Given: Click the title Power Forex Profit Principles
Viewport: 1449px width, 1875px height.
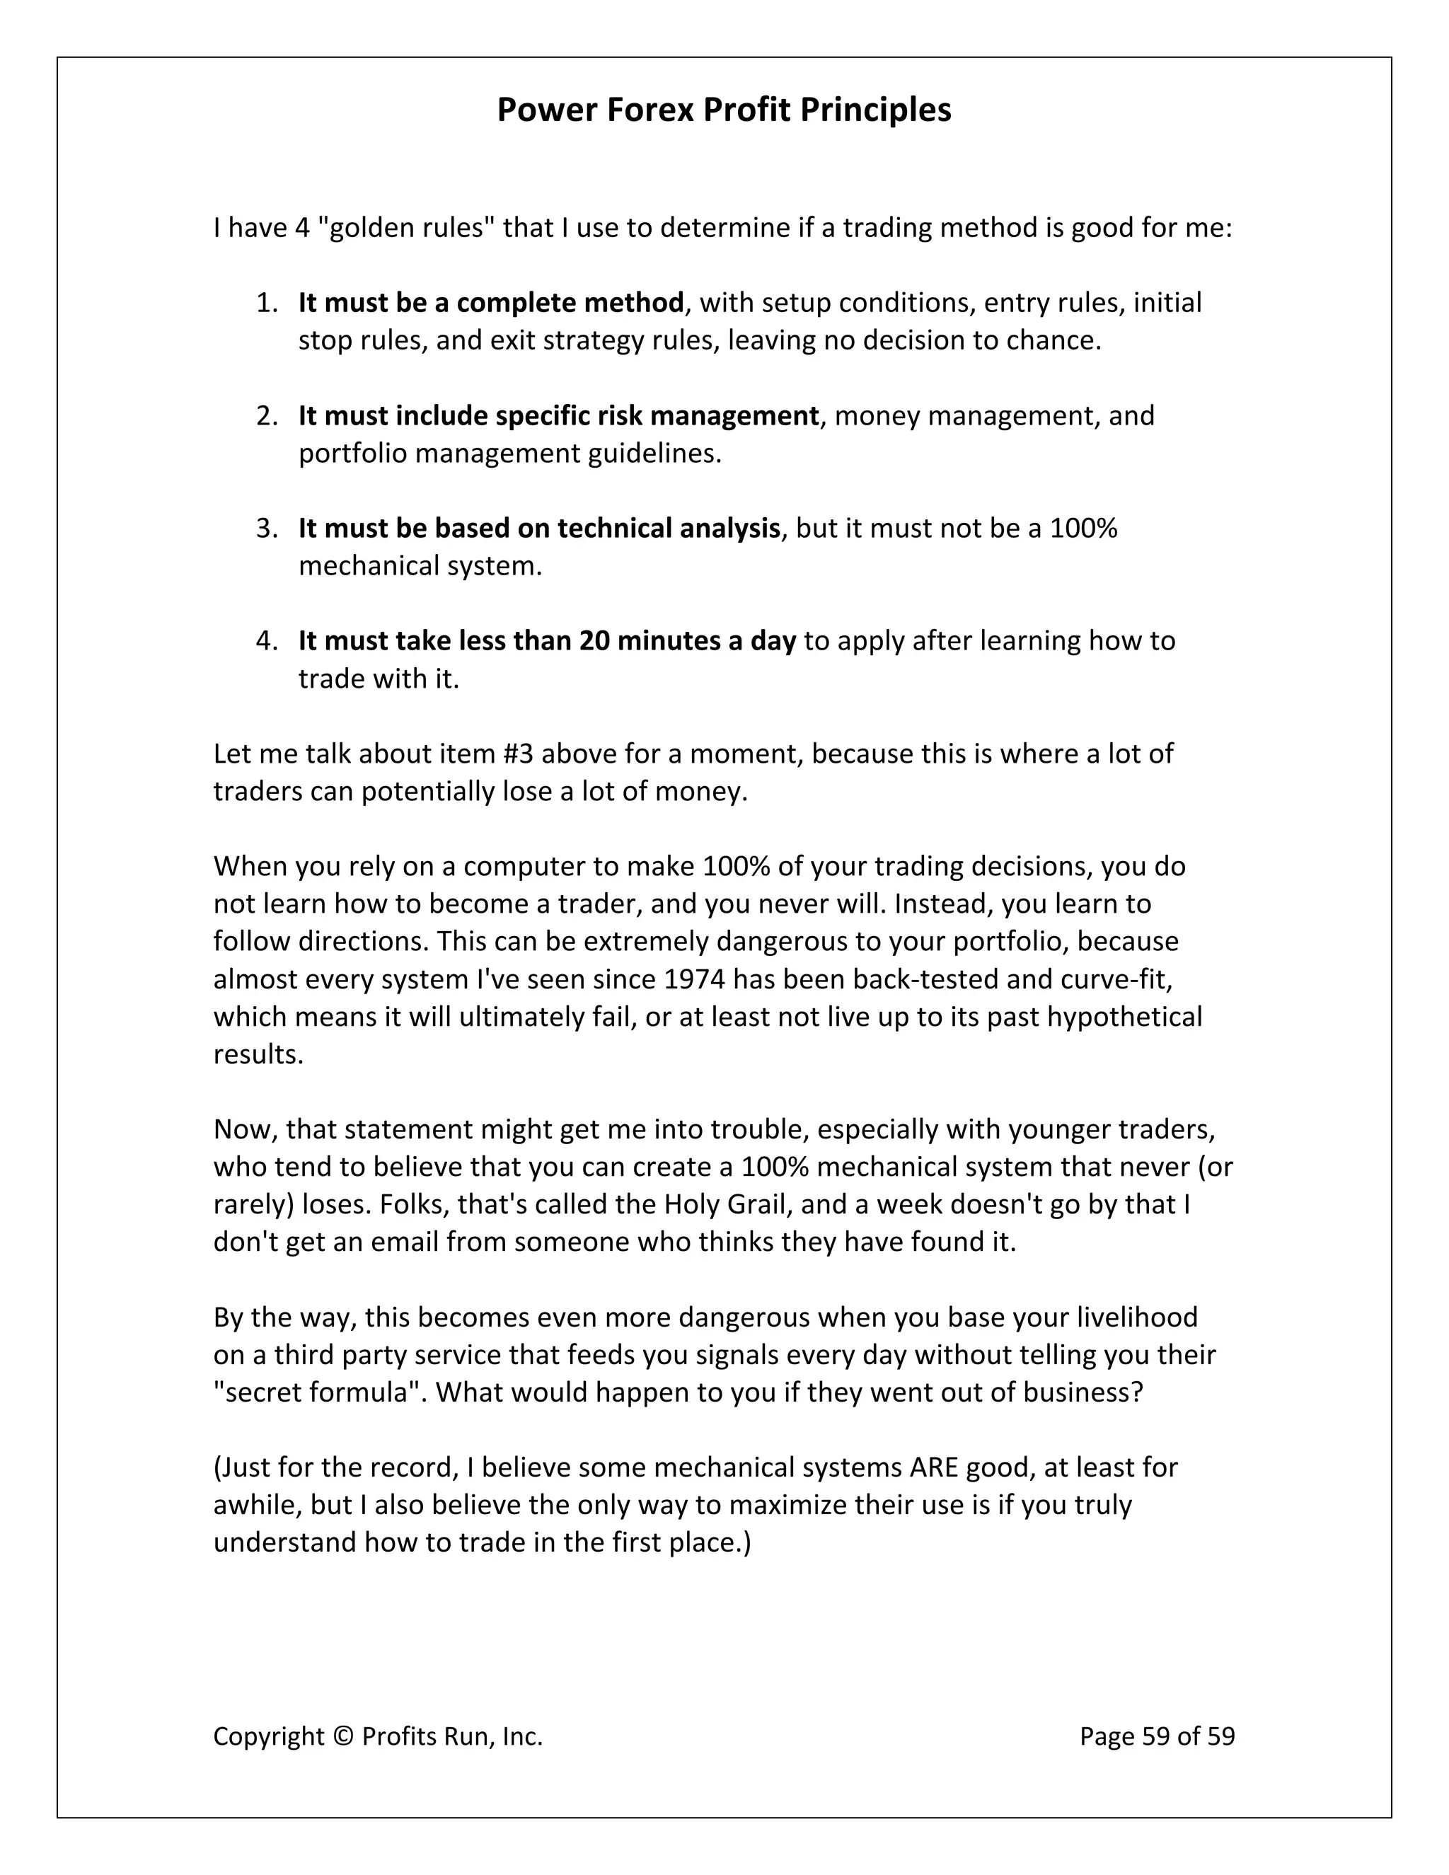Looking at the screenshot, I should point(724,110).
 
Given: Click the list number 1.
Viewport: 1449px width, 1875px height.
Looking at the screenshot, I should point(266,302).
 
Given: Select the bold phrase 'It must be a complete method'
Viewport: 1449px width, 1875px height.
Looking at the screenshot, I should point(491,302).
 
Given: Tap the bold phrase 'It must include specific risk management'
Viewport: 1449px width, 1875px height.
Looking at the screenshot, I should point(558,415).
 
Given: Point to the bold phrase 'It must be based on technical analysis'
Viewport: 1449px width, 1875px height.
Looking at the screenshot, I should point(538,528).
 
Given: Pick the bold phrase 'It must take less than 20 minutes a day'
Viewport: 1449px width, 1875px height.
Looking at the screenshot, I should point(547,640).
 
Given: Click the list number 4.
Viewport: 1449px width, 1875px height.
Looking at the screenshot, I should point(266,640).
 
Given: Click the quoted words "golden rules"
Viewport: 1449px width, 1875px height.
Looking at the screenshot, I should point(403,228).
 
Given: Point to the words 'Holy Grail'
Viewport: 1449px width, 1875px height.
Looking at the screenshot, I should point(725,1204).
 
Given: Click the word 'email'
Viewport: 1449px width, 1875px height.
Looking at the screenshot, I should point(406,1242).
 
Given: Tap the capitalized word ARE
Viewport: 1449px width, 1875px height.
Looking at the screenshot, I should point(934,1467).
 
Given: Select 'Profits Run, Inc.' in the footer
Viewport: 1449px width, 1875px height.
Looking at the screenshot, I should point(452,1737).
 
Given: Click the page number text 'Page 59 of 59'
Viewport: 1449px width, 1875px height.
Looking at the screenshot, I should point(1156,1737).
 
